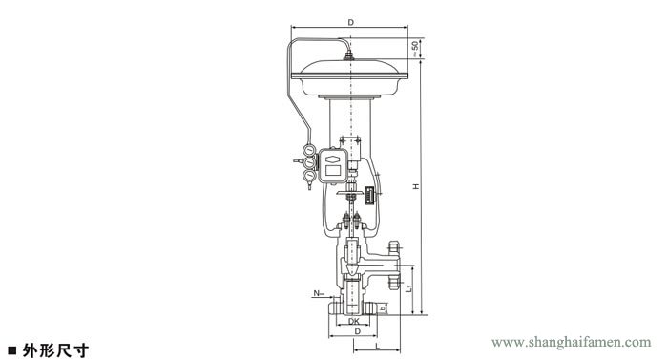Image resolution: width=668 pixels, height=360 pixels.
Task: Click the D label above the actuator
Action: point(350,22)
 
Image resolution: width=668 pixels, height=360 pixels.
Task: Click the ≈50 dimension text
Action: point(415,49)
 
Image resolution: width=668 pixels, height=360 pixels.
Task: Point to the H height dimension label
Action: point(416,186)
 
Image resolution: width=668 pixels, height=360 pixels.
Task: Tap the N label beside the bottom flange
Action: point(317,293)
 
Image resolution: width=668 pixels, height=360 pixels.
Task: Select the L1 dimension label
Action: point(408,288)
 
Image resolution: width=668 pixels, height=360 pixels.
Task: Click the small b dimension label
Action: point(383,307)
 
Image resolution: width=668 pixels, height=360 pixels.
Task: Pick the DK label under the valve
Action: point(354,321)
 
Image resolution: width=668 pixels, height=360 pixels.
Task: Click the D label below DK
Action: point(358,331)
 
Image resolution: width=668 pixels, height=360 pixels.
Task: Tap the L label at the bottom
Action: point(377,346)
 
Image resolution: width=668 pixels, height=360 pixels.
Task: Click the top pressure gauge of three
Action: point(309,150)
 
